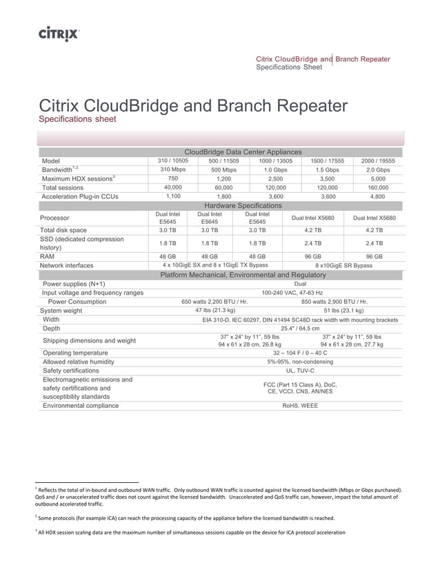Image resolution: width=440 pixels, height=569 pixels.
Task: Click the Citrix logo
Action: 59,32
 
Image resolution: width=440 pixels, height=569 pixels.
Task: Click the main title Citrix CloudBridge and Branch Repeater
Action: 193,107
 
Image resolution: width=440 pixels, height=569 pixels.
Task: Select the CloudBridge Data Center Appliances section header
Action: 243,152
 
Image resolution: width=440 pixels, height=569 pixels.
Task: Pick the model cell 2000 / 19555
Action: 377,161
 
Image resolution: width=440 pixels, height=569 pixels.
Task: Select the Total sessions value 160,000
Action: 377,187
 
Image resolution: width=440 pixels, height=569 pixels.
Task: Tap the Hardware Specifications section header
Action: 243,205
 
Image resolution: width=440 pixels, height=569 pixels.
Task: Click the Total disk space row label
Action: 64,230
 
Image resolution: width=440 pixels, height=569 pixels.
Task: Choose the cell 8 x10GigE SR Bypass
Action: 343,265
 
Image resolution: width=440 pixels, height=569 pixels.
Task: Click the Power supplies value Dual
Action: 300,283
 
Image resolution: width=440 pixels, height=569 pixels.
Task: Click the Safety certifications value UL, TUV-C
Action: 299,370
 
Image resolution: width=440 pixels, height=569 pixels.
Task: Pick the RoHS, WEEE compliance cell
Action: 300,406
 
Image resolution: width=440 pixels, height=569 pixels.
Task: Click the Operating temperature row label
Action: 76,353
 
